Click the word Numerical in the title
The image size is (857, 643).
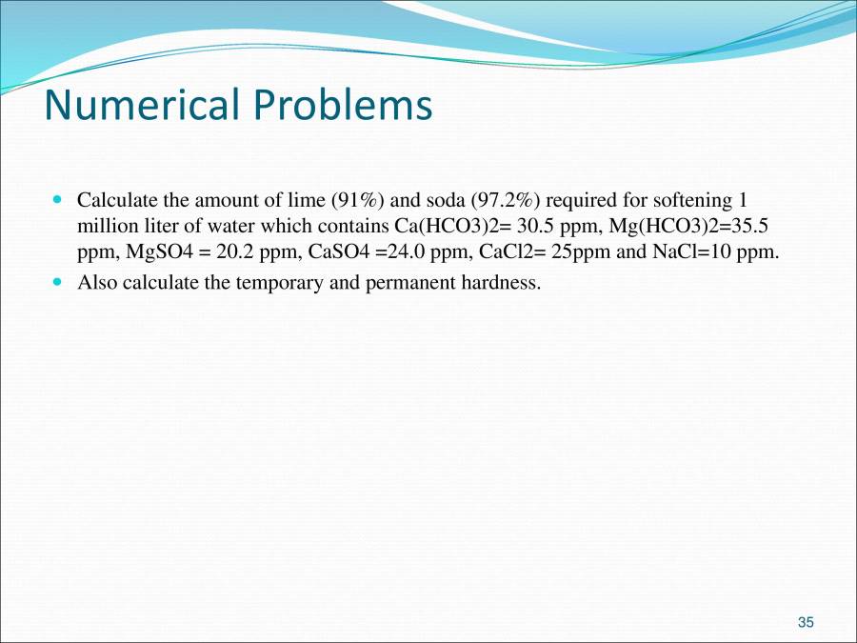click(139, 106)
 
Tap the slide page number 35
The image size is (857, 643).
click(806, 622)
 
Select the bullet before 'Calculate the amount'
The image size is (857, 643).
click(56, 201)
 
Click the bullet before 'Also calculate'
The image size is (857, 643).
click(56, 282)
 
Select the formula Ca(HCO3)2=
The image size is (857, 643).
click(447, 228)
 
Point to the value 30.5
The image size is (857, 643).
click(522, 228)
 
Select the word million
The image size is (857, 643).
click(105, 228)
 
